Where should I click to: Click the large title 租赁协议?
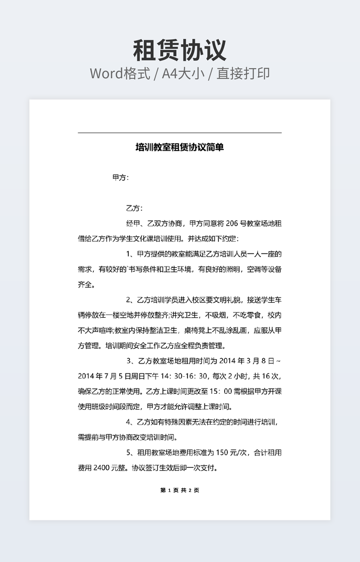179,50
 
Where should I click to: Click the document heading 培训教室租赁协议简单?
179,147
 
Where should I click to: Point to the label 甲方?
120,178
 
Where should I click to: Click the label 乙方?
134,208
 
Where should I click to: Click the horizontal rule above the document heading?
179,133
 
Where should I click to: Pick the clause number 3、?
132,361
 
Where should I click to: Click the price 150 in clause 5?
222,453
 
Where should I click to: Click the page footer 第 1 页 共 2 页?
179,490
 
